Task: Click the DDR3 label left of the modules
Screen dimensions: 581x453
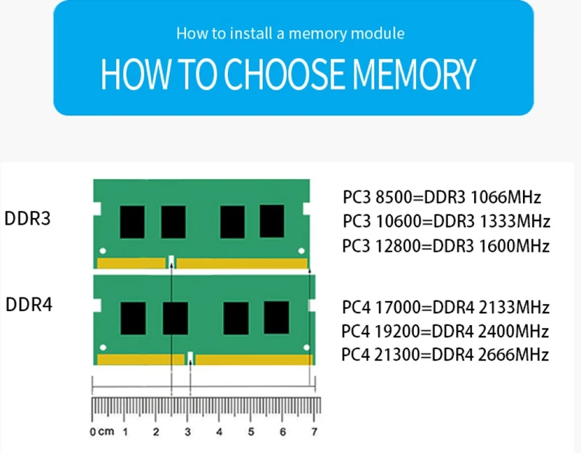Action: pyautogui.click(x=28, y=219)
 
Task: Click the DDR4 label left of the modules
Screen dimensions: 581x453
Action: pyautogui.click(x=29, y=304)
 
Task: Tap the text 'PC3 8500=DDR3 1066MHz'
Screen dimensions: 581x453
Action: pyautogui.click(x=442, y=197)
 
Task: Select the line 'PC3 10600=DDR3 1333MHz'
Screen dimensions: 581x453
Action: pyautogui.click(x=446, y=221)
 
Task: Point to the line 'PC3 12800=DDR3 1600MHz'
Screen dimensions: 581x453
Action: pyautogui.click(x=446, y=246)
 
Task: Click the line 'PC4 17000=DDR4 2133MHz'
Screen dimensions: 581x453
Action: pyautogui.click(x=445, y=308)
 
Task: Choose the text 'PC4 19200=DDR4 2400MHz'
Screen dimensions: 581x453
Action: pyautogui.click(x=445, y=332)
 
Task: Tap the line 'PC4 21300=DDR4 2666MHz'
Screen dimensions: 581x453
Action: pyautogui.click(x=445, y=356)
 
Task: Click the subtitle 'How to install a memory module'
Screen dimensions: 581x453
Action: pyautogui.click(x=290, y=33)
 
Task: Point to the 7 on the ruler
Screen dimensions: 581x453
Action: pyautogui.click(x=314, y=433)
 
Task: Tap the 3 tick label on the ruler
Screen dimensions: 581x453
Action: pyautogui.click(x=187, y=433)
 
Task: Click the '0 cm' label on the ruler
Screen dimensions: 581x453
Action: pyautogui.click(x=102, y=433)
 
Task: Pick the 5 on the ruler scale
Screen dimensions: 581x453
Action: pyautogui.click(x=251, y=433)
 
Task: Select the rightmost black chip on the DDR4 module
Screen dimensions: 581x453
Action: pyautogui.click(x=277, y=317)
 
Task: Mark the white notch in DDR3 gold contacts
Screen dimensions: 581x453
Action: pyautogui.click(x=171, y=261)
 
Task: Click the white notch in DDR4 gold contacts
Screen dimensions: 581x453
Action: pyautogui.click(x=190, y=358)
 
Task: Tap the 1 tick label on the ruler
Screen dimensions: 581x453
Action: pyautogui.click(x=125, y=433)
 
